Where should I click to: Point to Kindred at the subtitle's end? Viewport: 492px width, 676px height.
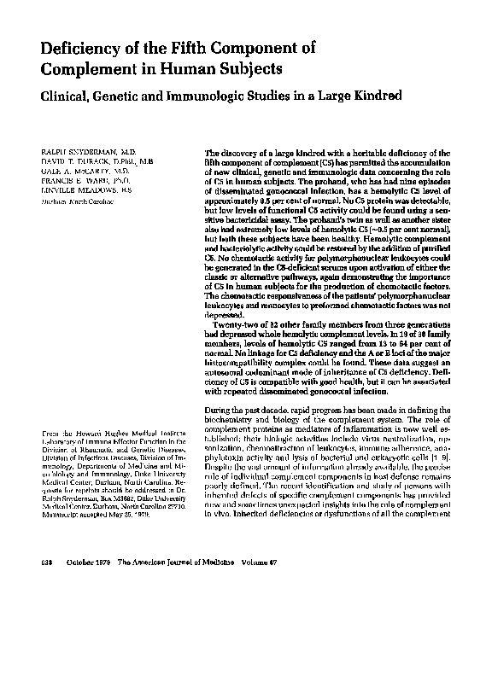(x=372, y=96)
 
